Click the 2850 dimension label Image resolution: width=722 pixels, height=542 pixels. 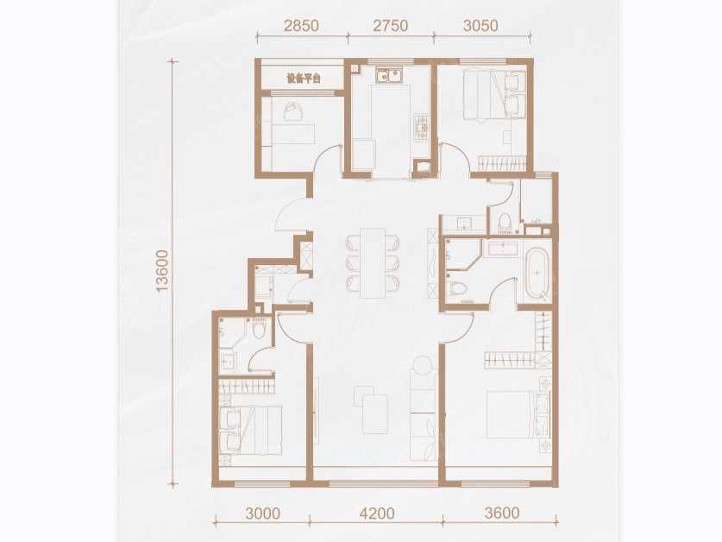click(301, 25)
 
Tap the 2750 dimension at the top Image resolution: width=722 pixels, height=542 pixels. click(391, 25)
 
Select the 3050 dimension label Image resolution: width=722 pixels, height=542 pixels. click(480, 25)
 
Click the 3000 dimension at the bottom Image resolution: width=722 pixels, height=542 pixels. click(262, 513)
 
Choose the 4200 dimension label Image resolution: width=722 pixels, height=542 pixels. click(377, 513)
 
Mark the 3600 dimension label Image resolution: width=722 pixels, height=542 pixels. click(502, 513)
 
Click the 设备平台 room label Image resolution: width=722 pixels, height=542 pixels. click(304, 79)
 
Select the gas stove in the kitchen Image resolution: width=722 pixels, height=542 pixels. click(422, 128)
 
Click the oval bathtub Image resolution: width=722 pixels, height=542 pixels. click(537, 274)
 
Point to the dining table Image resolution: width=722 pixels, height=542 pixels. click(373, 262)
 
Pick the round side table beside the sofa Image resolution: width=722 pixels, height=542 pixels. click(423, 366)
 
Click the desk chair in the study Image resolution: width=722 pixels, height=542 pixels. click(292, 111)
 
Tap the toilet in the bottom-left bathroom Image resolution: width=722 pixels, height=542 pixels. click(260, 328)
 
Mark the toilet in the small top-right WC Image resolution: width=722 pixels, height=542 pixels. click(505, 222)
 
